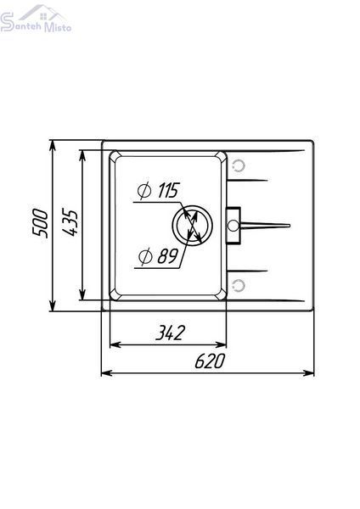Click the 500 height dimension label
tap(40, 224)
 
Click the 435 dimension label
tap(70, 223)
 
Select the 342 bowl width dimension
tap(171, 332)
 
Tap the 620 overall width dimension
tap(210, 361)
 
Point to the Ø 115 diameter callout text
tap(158, 190)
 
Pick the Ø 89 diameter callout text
tap(158, 256)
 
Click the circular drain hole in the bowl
tap(192, 226)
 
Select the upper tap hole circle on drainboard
tap(239, 166)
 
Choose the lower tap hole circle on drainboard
tap(239, 286)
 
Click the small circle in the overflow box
tap(233, 226)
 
